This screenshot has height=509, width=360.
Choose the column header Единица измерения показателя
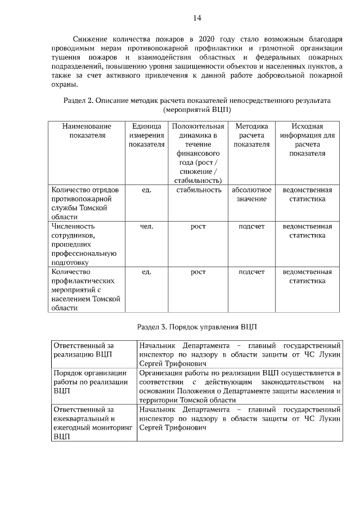coord(146,135)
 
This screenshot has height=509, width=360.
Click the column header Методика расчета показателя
coord(251,135)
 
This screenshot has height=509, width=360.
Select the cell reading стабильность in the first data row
coord(198,190)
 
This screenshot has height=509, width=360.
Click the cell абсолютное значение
coord(251,195)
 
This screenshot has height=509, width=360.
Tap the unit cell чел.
coord(146,226)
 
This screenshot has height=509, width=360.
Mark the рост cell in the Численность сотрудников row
coord(198,226)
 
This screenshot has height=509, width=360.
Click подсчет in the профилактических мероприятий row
coord(251,272)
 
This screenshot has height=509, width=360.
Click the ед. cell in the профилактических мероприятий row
coord(146,272)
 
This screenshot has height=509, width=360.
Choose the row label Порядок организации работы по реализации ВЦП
coord(91,381)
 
